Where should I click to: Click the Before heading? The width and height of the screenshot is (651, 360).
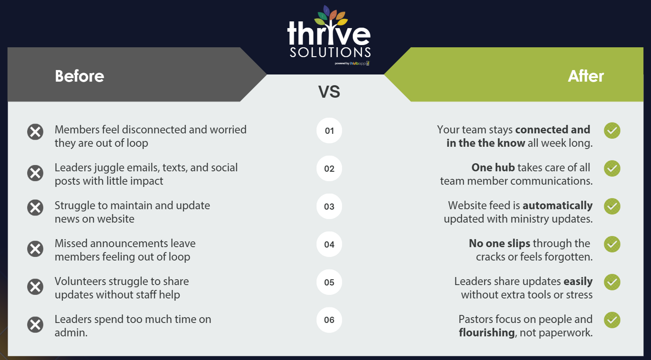pyautogui.click(x=79, y=76)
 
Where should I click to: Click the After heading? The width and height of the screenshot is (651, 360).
pyautogui.click(x=585, y=76)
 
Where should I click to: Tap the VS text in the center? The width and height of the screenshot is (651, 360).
pyautogui.click(x=329, y=92)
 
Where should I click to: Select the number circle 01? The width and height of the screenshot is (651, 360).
pyautogui.click(x=329, y=131)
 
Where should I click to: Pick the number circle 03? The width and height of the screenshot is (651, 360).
pyautogui.click(x=329, y=207)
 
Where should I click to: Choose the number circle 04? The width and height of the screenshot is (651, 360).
pyautogui.click(x=329, y=244)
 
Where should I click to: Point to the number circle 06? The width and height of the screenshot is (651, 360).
pyautogui.click(x=329, y=320)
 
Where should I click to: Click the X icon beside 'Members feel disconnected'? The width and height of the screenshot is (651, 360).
pyautogui.click(x=35, y=132)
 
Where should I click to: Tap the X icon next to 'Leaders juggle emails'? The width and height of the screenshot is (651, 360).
pyautogui.click(x=35, y=174)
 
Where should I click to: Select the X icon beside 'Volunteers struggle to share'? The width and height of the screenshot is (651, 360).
pyautogui.click(x=35, y=287)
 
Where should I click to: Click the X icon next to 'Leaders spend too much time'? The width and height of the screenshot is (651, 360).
pyautogui.click(x=35, y=324)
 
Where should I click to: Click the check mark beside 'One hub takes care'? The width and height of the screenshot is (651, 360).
pyautogui.click(x=612, y=168)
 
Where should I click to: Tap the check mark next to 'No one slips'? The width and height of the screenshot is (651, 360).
pyautogui.click(x=612, y=244)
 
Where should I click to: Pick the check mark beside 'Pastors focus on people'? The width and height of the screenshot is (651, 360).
pyautogui.click(x=612, y=320)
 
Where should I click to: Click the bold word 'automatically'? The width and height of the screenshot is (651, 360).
pyautogui.click(x=557, y=206)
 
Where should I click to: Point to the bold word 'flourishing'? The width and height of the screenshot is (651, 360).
pyautogui.click(x=487, y=332)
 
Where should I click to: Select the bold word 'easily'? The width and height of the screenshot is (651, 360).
pyautogui.click(x=578, y=281)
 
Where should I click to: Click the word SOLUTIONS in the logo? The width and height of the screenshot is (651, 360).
pyautogui.click(x=330, y=52)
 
